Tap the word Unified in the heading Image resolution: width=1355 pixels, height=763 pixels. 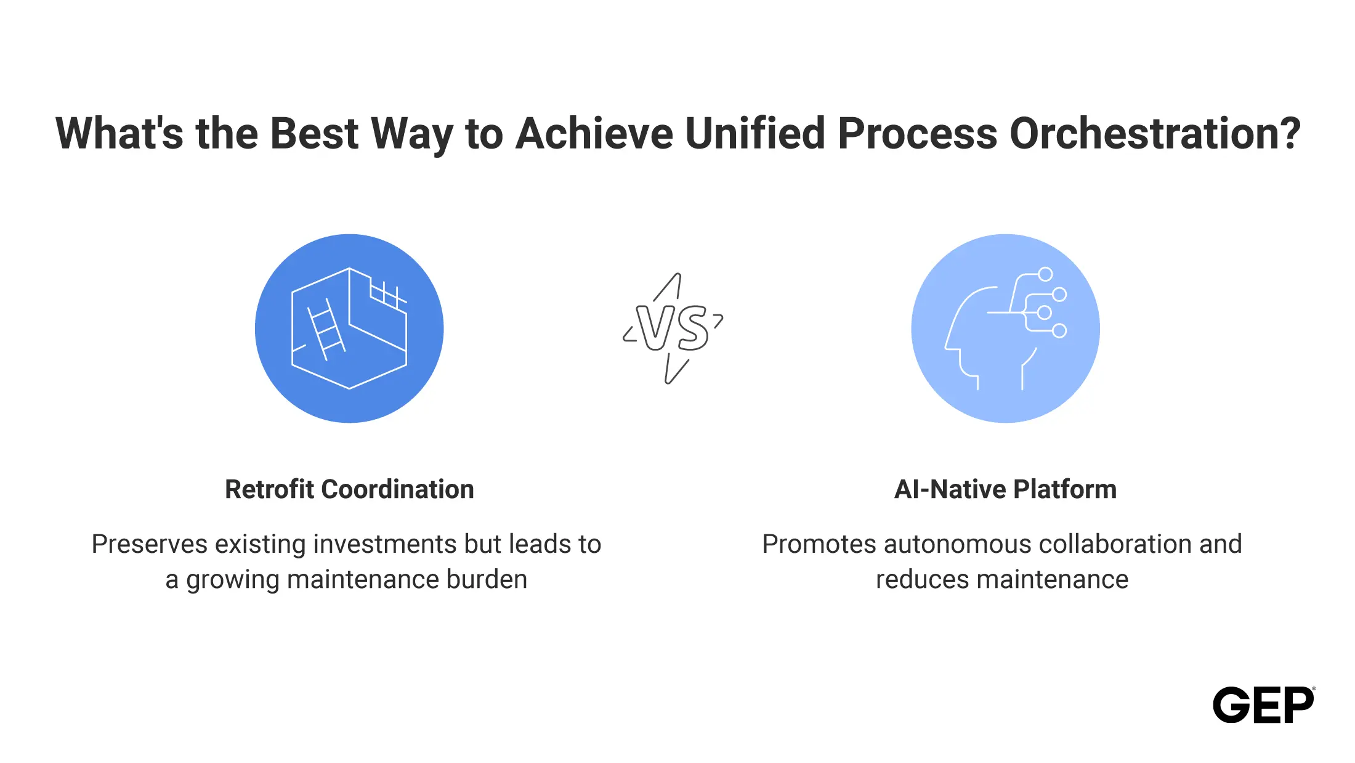[x=754, y=133]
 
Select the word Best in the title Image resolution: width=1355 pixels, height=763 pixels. [x=314, y=133]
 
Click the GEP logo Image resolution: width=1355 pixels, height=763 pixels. [x=1264, y=704]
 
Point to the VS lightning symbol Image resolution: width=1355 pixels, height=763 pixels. [x=673, y=328]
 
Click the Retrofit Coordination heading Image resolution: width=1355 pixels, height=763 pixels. [x=349, y=489]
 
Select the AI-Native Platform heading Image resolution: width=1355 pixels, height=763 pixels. [x=1005, y=489]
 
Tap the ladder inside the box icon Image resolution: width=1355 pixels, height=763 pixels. [x=326, y=330]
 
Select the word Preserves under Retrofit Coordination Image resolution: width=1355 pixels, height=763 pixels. [x=150, y=544]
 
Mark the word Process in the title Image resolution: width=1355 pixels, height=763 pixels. [x=917, y=133]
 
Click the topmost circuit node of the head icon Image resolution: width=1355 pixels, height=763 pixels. [x=1045, y=274]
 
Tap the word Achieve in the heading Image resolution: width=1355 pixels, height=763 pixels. [x=594, y=133]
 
